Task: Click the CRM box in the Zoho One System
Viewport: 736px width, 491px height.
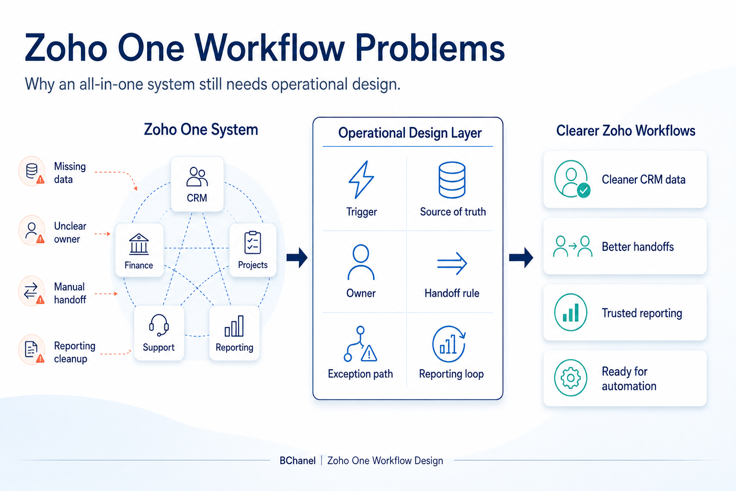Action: click(x=197, y=184)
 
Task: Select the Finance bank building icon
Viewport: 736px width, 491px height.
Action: click(x=138, y=244)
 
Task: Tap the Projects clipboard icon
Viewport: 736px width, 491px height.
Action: click(x=253, y=243)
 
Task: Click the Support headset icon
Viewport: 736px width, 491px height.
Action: click(x=159, y=325)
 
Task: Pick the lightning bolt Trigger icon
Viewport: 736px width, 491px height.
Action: click(x=361, y=179)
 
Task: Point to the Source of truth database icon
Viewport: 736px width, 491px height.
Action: click(x=452, y=180)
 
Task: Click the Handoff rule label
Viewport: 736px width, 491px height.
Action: click(x=452, y=293)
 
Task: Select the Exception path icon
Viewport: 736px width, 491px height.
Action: click(x=360, y=344)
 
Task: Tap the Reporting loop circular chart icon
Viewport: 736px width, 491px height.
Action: click(x=449, y=344)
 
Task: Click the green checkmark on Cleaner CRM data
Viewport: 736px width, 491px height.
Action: click(x=584, y=190)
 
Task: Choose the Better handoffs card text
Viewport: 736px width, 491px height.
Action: click(x=638, y=246)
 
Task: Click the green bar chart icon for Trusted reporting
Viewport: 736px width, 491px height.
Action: click(x=571, y=313)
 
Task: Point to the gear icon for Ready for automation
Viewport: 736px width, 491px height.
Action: click(x=571, y=378)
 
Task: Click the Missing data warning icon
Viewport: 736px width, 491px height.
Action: click(x=40, y=179)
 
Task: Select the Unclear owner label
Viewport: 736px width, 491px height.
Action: click(x=70, y=233)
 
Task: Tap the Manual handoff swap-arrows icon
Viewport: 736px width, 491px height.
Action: click(x=31, y=291)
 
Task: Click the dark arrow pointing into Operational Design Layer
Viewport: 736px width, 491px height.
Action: click(x=297, y=257)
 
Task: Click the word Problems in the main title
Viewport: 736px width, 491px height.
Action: click(x=430, y=48)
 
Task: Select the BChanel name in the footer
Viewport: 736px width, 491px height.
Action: click(x=298, y=460)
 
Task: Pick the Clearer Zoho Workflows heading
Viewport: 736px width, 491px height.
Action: click(x=626, y=130)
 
